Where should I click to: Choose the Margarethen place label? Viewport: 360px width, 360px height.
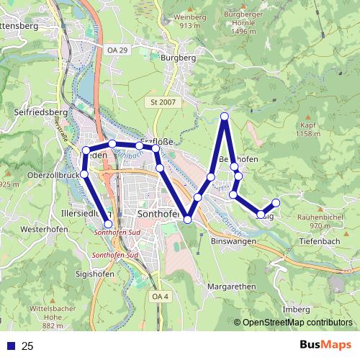coord(231,287)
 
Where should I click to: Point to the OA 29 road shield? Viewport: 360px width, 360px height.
coord(116,50)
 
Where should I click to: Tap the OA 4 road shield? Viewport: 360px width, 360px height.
coord(160,296)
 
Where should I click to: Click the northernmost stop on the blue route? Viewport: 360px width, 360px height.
coord(225,116)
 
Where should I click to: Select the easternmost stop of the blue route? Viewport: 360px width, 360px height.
coord(276,202)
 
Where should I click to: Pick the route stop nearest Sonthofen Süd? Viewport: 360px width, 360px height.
coord(109,224)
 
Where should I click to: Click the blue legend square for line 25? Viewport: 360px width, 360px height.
coord(11,346)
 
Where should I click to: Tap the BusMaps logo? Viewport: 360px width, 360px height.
coord(325,345)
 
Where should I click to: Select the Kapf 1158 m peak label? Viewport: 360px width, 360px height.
coord(307,129)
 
